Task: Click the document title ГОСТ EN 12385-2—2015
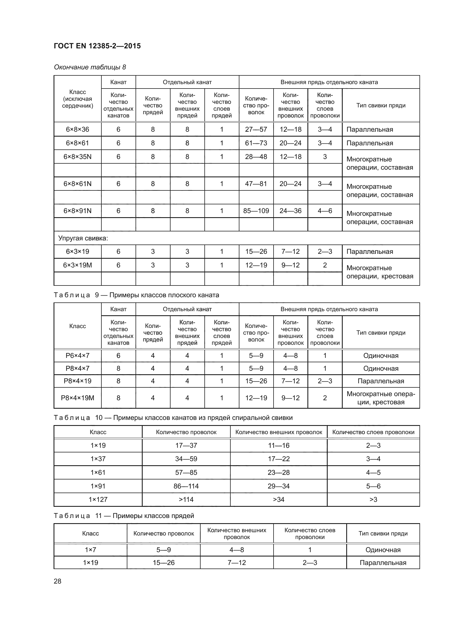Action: [x=97, y=46]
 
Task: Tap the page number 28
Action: [x=58, y=581]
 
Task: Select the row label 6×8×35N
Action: [x=77, y=157]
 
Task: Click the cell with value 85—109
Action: [x=256, y=211]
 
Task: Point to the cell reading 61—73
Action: [x=256, y=143]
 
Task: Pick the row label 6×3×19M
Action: [x=77, y=265]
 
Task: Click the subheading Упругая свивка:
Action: [x=83, y=238]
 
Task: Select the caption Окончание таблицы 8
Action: [x=90, y=67]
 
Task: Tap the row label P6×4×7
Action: [x=77, y=355]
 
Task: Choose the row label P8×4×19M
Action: [x=77, y=398]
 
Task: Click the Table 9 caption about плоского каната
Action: [x=136, y=295]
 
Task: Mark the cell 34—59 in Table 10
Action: [x=186, y=459]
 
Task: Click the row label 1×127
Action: [x=98, y=499]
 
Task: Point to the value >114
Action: [x=186, y=499]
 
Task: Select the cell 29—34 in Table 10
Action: [x=278, y=486]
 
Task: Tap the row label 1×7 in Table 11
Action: [x=90, y=550]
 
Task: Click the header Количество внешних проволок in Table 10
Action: [x=278, y=432]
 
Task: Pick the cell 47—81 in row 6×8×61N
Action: [x=256, y=184]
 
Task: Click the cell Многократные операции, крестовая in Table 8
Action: [x=380, y=272]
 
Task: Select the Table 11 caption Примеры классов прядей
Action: [x=124, y=516]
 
